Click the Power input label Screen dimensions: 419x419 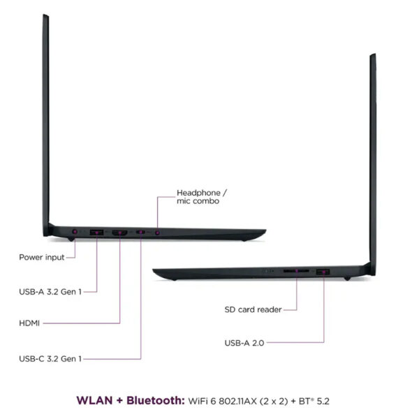coord(42,257)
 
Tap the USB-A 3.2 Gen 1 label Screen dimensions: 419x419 coord(50,291)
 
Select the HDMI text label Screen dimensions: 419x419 coord(29,323)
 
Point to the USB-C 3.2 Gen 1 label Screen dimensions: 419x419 coord(50,359)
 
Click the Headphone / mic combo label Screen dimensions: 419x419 coord(202,197)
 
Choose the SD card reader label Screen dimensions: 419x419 coord(253,309)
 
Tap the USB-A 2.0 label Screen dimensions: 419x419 coord(244,343)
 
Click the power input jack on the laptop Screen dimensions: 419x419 coord(75,231)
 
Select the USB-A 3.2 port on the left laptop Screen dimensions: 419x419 coord(97,233)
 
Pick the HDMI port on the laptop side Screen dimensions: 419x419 coord(119,233)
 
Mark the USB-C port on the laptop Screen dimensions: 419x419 coord(140,232)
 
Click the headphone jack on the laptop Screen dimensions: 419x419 coord(157,233)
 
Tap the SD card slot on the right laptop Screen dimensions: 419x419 coord(296,271)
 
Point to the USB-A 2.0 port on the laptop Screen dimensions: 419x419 coord(323,272)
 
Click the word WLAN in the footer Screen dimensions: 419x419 coord(94,401)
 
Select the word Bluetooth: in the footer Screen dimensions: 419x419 coord(156,401)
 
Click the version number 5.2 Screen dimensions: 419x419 coord(323,401)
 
